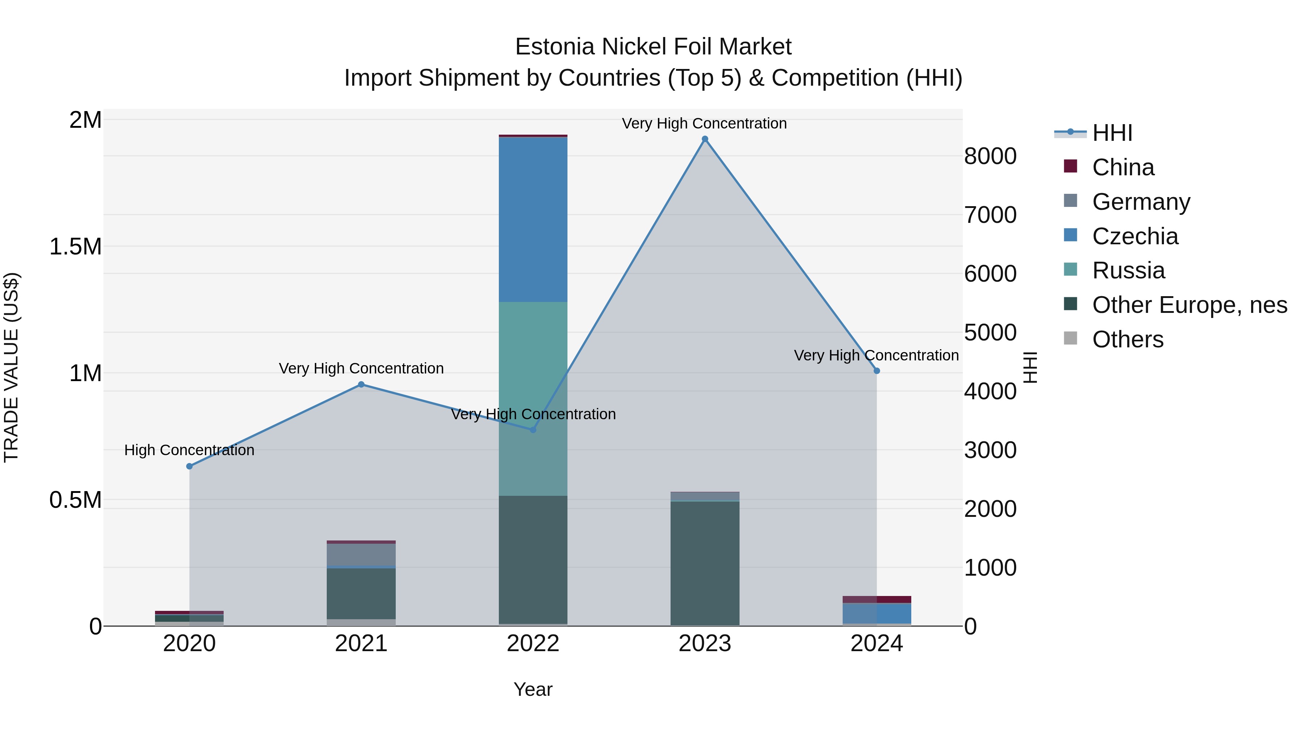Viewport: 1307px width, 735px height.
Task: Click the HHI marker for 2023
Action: coord(705,139)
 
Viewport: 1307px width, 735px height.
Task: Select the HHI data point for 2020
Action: coord(189,466)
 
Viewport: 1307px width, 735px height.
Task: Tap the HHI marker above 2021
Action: coord(361,384)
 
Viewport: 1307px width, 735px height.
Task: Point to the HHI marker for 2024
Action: coord(877,371)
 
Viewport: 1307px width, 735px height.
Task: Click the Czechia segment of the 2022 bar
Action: coord(533,219)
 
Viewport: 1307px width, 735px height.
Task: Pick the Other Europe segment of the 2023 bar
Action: coord(705,563)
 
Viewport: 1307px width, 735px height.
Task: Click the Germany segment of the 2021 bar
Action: coord(361,554)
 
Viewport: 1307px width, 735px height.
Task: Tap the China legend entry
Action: coord(1123,167)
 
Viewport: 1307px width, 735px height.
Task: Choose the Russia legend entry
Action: coord(1128,270)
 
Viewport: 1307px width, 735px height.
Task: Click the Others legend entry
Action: coord(1127,339)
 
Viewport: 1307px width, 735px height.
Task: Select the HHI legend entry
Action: coord(1112,133)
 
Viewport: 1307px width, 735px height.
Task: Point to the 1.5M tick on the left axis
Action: coord(75,247)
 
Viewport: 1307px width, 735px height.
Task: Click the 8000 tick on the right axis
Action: coord(990,156)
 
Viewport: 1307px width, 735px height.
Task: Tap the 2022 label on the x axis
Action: coord(533,644)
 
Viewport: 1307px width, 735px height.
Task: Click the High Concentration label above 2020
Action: coord(189,450)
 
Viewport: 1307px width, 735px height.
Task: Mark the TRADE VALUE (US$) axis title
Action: coord(11,367)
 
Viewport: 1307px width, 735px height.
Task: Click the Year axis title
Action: coord(533,689)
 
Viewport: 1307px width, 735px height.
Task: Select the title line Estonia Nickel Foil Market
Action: coord(653,47)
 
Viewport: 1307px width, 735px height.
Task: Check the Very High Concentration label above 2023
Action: coord(704,123)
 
